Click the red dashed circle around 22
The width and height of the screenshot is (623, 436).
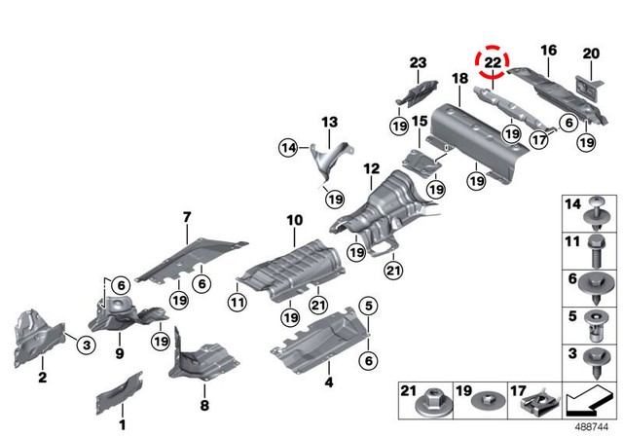pos(493,60)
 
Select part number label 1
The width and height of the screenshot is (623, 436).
pos(123,424)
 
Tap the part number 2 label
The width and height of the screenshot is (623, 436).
pos(43,377)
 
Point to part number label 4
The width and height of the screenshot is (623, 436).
pos(328,382)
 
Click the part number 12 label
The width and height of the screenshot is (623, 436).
pos(371,168)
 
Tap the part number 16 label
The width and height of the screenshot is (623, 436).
pos(548,50)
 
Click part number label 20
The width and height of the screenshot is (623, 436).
pos(591,54)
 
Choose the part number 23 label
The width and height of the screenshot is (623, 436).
pos(418,63)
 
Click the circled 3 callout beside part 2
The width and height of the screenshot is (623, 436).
pos(84,344)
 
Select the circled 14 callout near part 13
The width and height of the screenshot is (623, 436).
pos(286,148)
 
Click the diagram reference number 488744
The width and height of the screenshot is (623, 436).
pos(587,425)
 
